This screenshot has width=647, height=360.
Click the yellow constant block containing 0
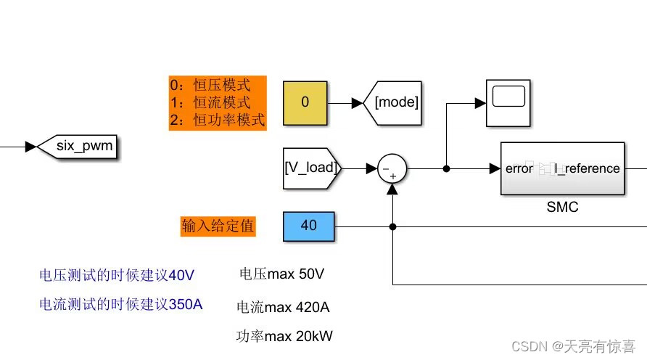point(305,102)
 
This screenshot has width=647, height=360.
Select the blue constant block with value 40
point(308,226)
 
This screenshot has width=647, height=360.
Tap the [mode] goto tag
point(395,102)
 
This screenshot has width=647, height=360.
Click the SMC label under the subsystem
point(562,208)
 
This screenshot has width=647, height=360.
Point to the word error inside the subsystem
point(519,168)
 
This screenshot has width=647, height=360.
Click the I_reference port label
point(587,168)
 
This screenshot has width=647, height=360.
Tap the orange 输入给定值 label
point(218,226)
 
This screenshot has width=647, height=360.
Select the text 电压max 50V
point(281,274)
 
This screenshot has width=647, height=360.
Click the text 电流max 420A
point(283,307)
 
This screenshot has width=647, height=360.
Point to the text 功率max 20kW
point(284,337)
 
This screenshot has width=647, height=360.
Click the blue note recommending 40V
point(117,275)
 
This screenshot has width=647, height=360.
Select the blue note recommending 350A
point(120,304)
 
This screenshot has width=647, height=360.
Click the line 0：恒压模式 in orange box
point(210,86)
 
